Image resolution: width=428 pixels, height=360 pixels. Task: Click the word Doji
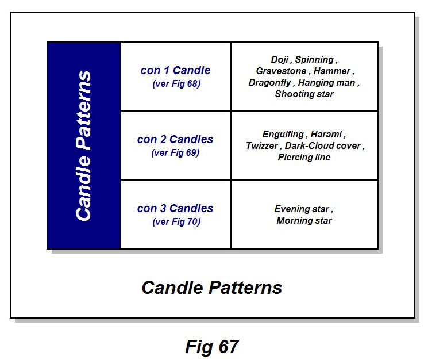tap(280, 60)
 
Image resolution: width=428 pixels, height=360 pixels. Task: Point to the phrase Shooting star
tap(304, 94)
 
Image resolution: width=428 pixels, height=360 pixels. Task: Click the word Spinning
tap(316, 60)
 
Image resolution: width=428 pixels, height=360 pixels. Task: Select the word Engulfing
tap(283, 135)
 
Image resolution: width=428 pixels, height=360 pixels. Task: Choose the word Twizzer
tap(261, 146)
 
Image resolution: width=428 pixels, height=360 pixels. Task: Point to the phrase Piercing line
tap(304, 158)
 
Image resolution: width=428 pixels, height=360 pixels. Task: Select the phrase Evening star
tap(303, 209)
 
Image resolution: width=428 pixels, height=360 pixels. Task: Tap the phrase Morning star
tap(304, 221)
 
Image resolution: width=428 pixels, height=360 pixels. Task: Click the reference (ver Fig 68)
tap(176, 83)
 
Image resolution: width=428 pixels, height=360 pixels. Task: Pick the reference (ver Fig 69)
tap(175, 152)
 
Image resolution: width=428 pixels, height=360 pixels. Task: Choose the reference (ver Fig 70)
tap(175, 221)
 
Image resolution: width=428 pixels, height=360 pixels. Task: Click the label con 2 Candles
tap(175, 140)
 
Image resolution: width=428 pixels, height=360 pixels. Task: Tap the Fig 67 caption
tap(211, 347)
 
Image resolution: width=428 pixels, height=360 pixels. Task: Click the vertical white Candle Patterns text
tap(84, 145)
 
